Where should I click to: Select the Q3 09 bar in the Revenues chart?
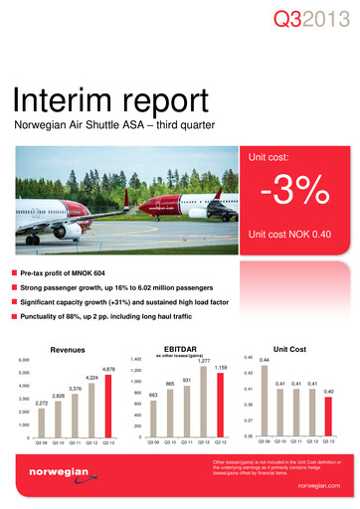tap(41, 423)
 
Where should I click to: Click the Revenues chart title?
tap(73, 349)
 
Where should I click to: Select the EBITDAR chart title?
tap(187, 349)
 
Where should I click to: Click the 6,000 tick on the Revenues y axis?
tap(23, 359)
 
